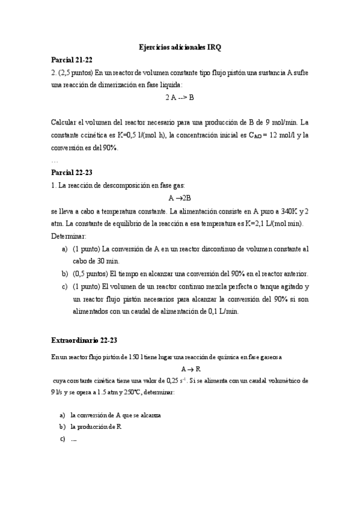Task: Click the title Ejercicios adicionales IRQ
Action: pyautogui.click(x=180, y=46)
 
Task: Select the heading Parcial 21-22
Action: pyautogui.click(x=72, y=60)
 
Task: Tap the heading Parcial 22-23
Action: pyautogui.click(x=72, y=173)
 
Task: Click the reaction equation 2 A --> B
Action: pyautogui.click(x=180, y=98)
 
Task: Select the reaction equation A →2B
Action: pyautogui.click(x=180, y=198)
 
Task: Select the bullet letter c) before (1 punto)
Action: pyautogui.click(x=64, y=286)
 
